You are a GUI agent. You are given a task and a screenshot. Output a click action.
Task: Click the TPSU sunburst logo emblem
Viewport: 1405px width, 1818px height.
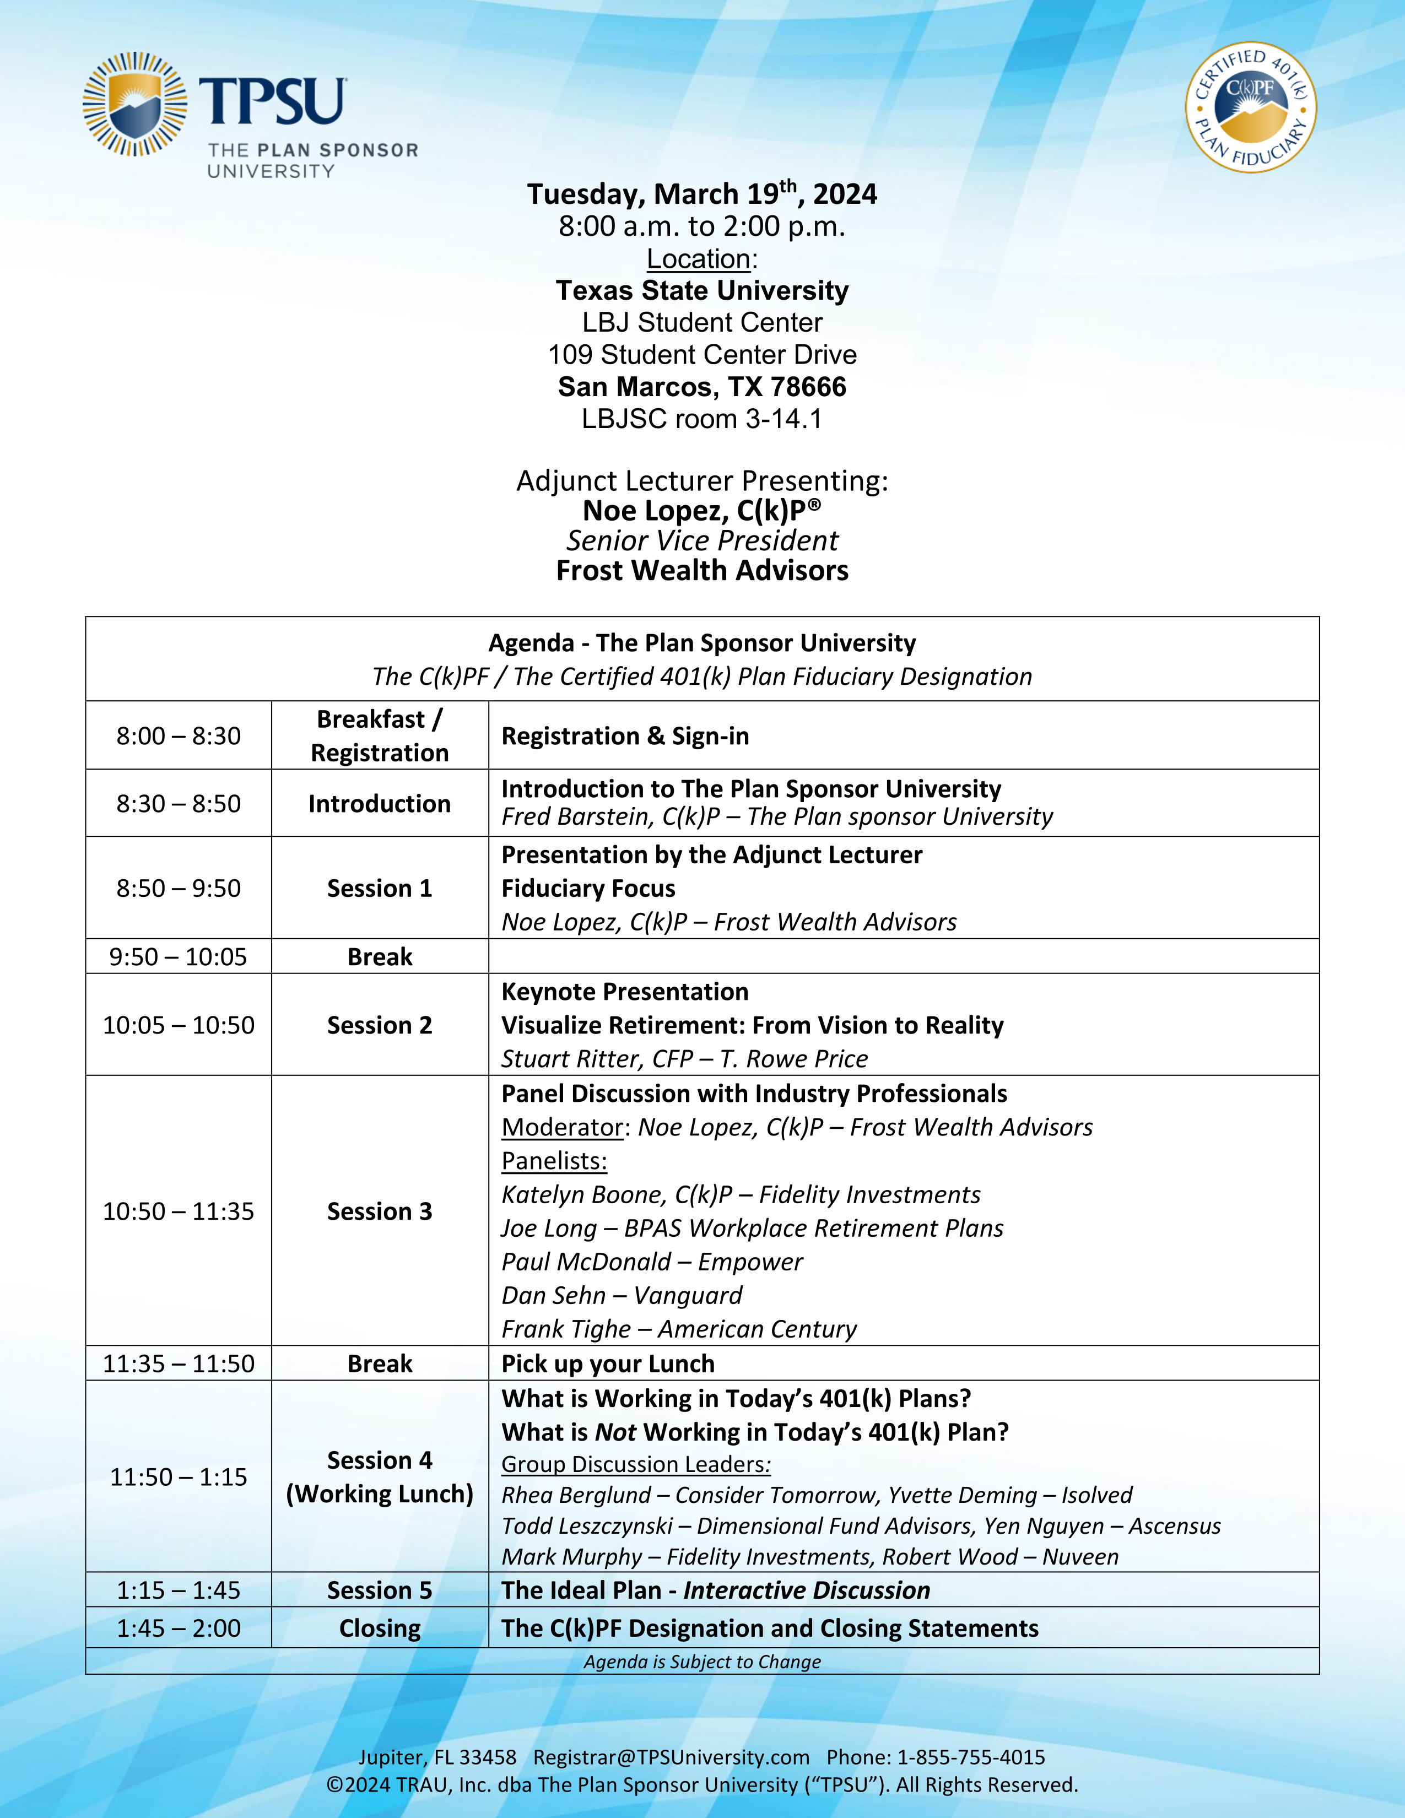pyautogui.click(x=135, y=104)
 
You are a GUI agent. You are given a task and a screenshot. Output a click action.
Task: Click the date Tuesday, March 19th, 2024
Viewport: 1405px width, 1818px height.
pyautogui.click(x=701, y=194)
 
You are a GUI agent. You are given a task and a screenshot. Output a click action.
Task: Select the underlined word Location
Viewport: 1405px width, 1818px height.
pyautogui.click(x=698, y=259)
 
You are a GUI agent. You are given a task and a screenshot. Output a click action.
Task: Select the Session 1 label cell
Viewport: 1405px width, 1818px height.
pyautogui.click(x=380, y=888)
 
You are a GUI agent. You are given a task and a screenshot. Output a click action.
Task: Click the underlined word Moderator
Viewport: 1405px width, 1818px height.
pyautogui.click(x=562, y=1127)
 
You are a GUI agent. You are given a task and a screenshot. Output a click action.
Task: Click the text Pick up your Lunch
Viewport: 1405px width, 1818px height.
pyautogui.click(x=608, y=1363)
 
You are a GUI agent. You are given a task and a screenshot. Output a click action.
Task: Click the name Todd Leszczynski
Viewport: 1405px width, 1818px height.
pyautogui.click(x=587, y=1526)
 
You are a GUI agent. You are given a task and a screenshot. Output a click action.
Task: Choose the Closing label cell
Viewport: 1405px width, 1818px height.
pyautogui.click(x=380, y=1628)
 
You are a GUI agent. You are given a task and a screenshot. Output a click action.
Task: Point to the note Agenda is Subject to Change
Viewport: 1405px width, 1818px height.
pyautogui.click(x=701, y=1662)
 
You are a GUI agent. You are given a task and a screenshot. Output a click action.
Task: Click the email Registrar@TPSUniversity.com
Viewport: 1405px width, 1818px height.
pyautogui.click(x=671, y=1757)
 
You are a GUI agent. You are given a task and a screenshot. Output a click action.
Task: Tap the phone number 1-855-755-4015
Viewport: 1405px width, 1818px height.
pyautogui.click(x=970, y=1757)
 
